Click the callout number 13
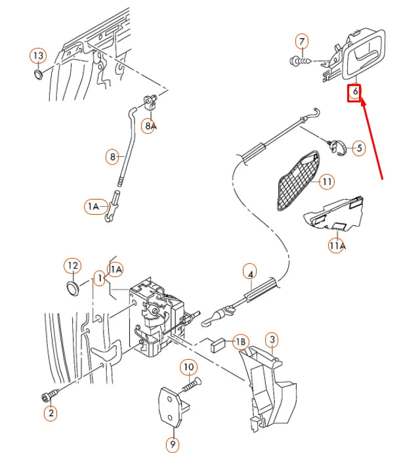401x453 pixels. (37, 54)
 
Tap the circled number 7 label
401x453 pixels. (302, 42)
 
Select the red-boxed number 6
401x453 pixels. (355, 92)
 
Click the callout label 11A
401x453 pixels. (336, 246)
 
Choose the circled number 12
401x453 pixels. (72, 266)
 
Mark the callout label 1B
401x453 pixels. (241, 342)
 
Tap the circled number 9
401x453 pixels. (172, 444)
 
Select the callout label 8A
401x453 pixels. (150, 125)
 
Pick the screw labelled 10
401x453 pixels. (187, 387)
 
